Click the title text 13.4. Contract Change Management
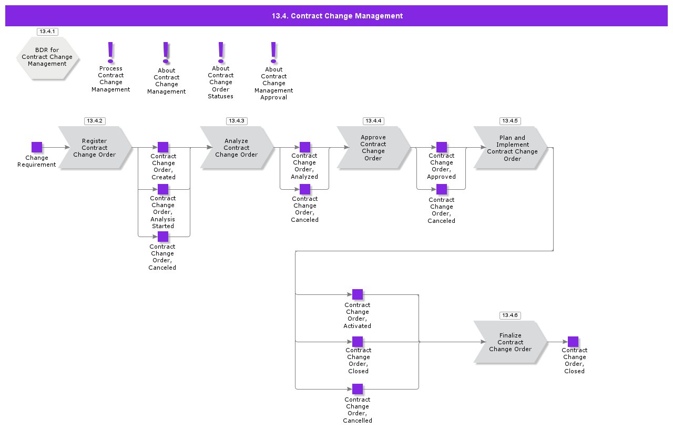tap(337, 16)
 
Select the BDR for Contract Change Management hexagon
tap(47, 57)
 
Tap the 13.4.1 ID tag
tap(47, 32)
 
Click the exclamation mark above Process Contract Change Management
tap(110, 52)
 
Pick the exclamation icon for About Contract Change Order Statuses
tap(221, 52)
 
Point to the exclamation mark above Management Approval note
tap(273, 52)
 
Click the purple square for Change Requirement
tap(37, 147)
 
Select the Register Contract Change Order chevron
tap(95, 148)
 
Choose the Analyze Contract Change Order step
tap(237, 148)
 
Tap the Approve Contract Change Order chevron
tap(373, 148)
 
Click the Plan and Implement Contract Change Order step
tap(510, 148)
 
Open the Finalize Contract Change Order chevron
tap(510, 342)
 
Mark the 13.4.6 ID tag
tap(509, 315)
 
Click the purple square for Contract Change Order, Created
tap(163, 147)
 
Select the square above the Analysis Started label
tap(163, 189)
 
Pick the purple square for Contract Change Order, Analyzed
tap(305, 147)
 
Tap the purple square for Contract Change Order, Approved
tap(442, 147)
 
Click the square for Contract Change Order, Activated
tap(358, 294)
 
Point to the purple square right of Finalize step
tap(573, 342)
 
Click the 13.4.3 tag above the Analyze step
tap(237, 121)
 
